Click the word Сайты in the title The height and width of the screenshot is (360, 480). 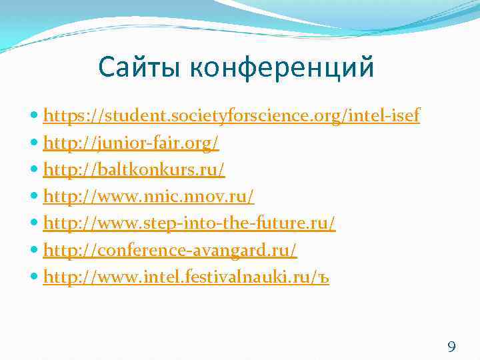137,67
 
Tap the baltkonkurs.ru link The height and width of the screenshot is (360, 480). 134,170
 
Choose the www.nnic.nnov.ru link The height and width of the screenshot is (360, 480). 148,197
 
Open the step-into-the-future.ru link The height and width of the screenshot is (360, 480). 189,224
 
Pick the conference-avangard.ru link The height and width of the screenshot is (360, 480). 170,251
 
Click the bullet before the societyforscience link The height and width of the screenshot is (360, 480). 35,117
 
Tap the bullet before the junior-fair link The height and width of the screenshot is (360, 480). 35,144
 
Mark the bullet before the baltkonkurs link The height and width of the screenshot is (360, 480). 35,171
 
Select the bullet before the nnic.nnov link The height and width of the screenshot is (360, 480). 35,197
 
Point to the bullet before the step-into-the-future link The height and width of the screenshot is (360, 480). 35,224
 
